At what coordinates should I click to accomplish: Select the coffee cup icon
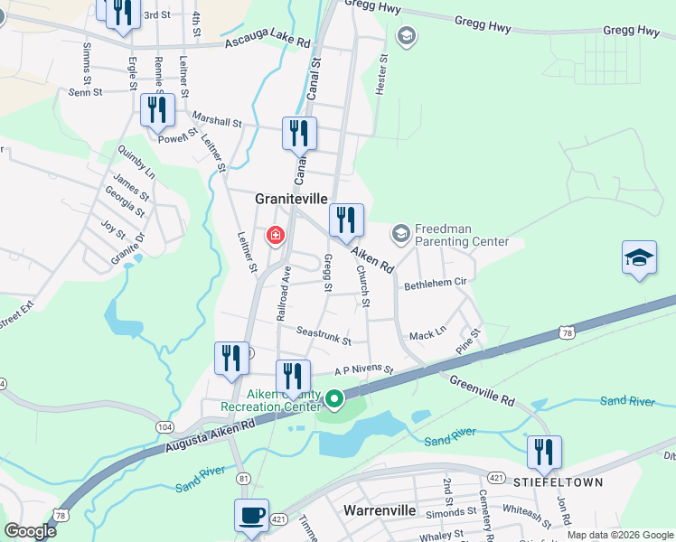250,516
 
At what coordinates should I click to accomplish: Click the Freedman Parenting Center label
461,236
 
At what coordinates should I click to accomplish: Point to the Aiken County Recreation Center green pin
334,398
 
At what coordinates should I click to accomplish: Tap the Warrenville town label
380,510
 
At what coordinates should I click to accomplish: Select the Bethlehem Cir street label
435,283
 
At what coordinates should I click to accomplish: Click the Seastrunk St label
323,335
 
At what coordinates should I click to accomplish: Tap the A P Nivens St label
364,369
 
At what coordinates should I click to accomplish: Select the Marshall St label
217,120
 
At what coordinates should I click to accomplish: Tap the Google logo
30,531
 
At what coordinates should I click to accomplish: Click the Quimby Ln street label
136,163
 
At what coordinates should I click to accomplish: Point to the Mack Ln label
427,333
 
